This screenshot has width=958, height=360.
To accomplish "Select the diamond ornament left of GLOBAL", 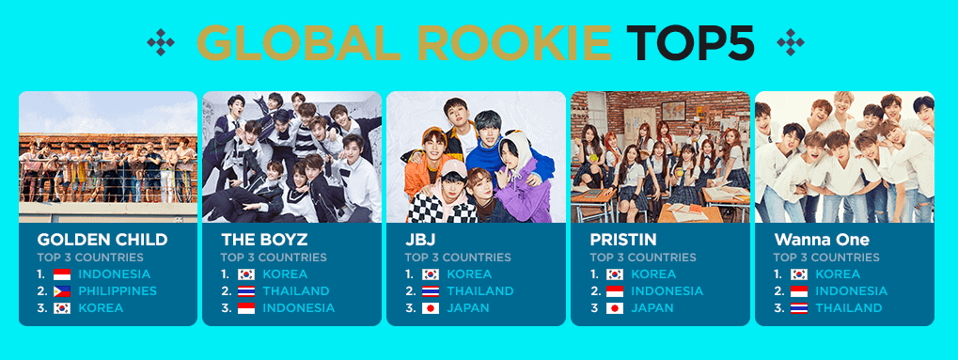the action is (x=161, y=43).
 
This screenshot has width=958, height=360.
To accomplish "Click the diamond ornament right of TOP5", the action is (x=790, y=43).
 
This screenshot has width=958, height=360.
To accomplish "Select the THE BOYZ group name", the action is (x=264, y=239).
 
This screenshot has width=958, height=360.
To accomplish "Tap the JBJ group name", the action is (x=417, y=239).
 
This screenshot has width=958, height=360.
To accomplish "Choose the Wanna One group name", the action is (x=812, y=239).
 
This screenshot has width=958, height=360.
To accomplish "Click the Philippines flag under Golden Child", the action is (x=62, y=291).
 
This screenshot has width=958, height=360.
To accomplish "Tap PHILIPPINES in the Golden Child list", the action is (x=118, y=291).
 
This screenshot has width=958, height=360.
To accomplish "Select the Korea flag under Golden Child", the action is (x=62, y=308).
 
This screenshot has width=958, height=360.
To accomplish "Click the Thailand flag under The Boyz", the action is (x=246, y=291).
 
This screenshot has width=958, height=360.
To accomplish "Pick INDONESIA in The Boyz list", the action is (x=299, y=308).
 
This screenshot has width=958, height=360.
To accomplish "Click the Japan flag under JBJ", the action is (x=431, y=308).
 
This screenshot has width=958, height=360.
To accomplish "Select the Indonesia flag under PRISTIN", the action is (x=615, y=291).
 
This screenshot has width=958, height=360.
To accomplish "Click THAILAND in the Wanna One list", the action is (x=849, y=308).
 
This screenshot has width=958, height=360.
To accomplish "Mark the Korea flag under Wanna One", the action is (x=798, y=274).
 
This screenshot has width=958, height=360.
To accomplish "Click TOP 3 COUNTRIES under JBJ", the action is (x=458, y=258).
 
